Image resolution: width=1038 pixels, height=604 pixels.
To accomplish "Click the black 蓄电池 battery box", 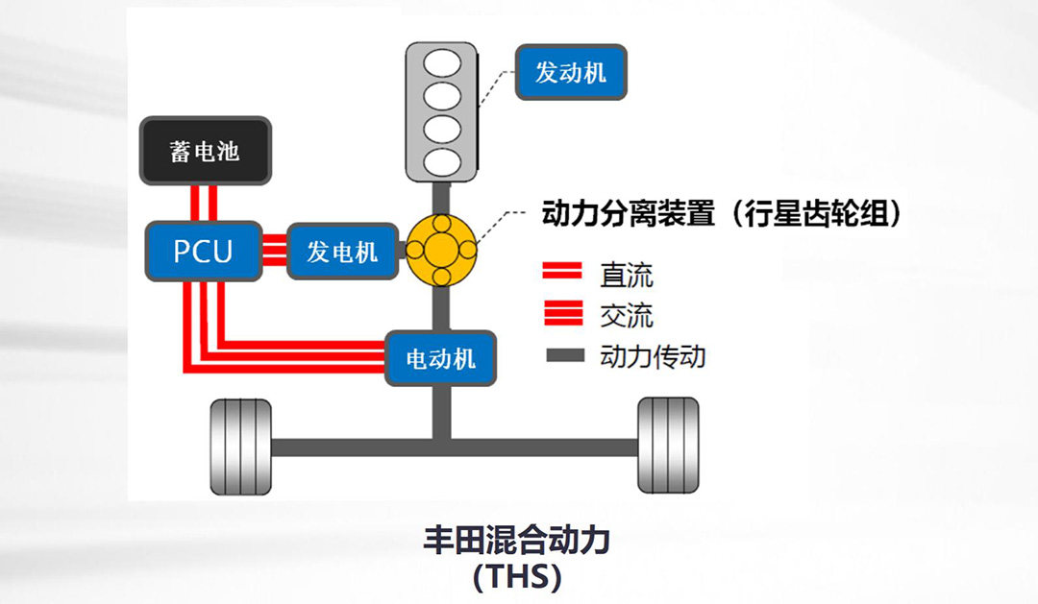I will click(205, 151).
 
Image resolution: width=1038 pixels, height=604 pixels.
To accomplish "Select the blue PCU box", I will click(203, 252).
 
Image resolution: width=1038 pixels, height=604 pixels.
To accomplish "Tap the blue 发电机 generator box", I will click(342, 252).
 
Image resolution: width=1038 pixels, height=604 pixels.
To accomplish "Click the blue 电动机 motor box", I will click(441, 359).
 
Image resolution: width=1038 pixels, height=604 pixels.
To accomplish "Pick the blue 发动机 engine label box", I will click(571, 72).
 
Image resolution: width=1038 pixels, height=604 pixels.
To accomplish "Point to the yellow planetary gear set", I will click(441, 250).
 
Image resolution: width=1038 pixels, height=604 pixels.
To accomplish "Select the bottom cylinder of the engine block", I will click(441, 159).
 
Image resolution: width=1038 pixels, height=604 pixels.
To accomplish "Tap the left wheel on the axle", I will click(240, 447).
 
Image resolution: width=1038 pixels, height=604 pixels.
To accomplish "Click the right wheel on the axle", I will click(668, 447).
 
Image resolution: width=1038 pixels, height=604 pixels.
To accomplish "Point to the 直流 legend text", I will click(626, 276).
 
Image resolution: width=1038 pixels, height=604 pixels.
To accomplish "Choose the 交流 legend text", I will click(626, 315).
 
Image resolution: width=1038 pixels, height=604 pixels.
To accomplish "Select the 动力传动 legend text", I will click(653, 356).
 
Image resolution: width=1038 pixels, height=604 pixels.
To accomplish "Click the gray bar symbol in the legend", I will click(565, 356).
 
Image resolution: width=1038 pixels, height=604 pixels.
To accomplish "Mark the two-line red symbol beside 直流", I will click(563, 273).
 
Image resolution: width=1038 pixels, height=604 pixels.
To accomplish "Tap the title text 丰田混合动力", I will click(517, 541).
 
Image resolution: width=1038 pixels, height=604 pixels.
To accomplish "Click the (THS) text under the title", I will click(517, 578).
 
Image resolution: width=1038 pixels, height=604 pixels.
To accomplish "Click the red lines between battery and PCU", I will click(203, 204).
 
